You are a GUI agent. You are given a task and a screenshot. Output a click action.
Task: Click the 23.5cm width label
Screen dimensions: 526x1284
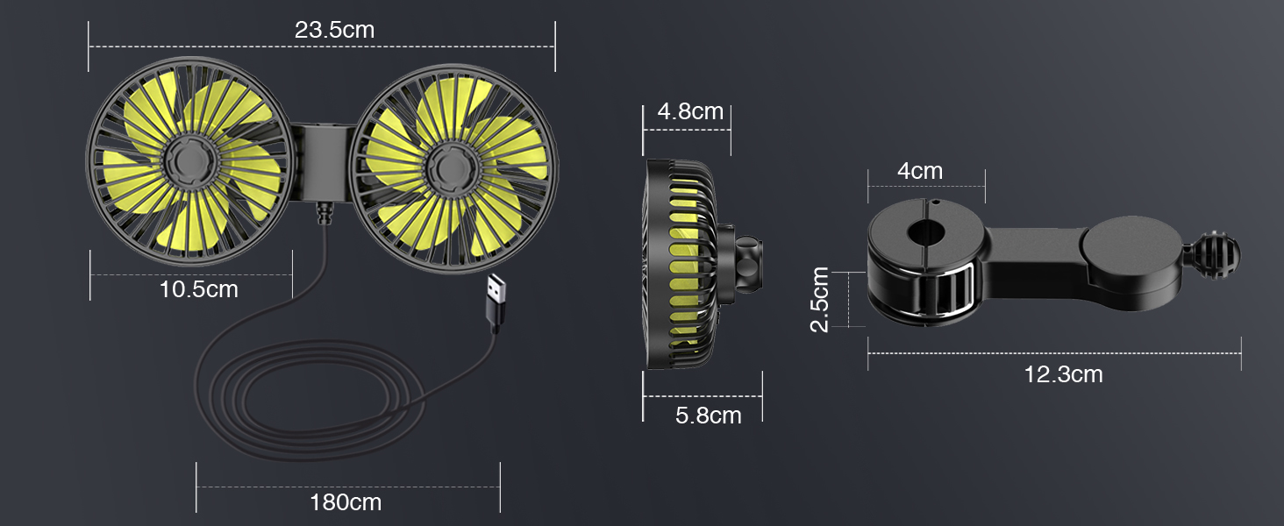pos(334,30)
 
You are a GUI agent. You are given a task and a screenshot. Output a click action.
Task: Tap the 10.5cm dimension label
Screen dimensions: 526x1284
pos(199,288)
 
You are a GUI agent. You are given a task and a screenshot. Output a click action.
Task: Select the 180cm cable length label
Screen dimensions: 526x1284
pos(346,502)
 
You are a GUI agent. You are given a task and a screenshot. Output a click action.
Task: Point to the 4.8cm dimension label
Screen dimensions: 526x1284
pos(690,111)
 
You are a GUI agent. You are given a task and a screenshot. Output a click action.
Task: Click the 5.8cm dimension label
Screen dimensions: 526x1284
pos(708,415)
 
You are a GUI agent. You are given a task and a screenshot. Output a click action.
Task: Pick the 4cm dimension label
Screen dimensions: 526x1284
pos(919,171)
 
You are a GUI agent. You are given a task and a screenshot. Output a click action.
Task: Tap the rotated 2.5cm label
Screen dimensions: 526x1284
pos(820,300)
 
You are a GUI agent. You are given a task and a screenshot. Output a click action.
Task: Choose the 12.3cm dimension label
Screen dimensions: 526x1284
pos(1063,374)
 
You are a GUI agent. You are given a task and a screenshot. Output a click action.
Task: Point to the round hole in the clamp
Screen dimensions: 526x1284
pos(926,233)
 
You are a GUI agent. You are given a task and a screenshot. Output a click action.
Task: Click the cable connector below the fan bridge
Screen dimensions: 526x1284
pos(324,214)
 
